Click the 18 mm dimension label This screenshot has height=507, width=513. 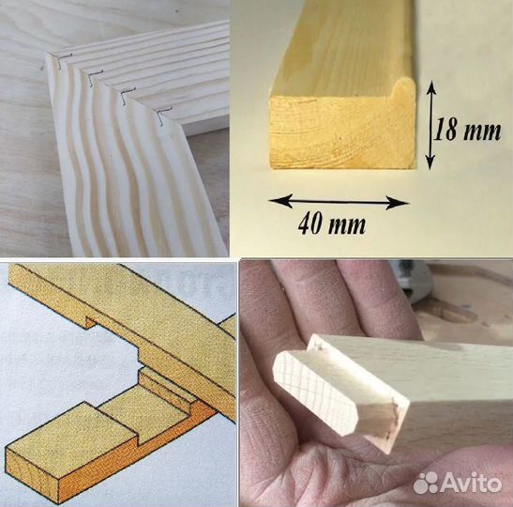tap(467, 130)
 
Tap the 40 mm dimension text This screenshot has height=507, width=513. tap(332, 223)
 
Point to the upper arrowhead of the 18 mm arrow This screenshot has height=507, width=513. tap(431, 87)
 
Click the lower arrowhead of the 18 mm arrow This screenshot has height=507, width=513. tap(430, 162)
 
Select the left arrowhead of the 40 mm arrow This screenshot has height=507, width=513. tap(279, 201)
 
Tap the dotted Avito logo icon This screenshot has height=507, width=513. tap(426, 483)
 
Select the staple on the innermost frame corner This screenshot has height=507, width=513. tap(164, 115)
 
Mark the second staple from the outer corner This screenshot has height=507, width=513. tap(95, 77)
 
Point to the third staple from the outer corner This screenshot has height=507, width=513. tap(127, 95)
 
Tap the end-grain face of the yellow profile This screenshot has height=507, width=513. tap(340, 131)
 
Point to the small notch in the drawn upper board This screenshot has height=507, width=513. tap(89, 320)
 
